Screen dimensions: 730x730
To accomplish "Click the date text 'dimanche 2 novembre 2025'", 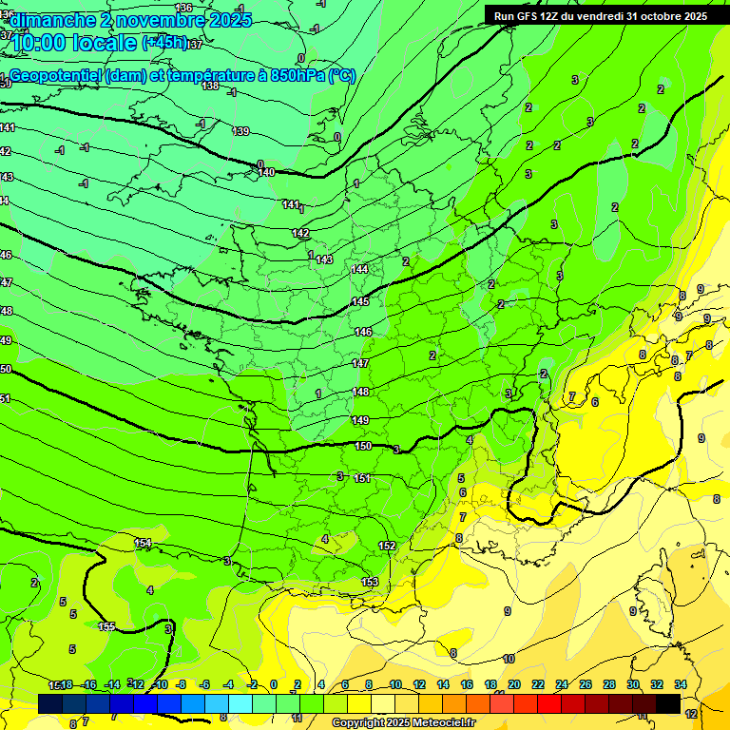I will coord(131,20).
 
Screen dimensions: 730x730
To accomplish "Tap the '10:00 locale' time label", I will coord(74,43).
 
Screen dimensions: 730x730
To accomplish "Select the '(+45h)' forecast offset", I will coord(164,43).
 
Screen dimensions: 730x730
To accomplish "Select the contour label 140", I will coord(266,172).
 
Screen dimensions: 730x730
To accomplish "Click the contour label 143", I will coord(324,259).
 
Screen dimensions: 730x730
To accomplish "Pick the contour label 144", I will coord(359,270).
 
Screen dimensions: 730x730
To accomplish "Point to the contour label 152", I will coord(387,546).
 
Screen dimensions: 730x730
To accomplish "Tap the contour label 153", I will coord(370,582).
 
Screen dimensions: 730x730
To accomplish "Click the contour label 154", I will coord(143,543).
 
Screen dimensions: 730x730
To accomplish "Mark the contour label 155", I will coord(107,626).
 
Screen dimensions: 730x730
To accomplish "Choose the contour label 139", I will coord(241,131).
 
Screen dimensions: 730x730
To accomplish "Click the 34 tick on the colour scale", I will coord(681,685).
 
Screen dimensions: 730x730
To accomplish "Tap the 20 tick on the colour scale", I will coord(514,685).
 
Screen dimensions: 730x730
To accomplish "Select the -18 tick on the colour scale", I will coord(66,685).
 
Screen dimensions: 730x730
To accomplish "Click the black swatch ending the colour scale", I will coord(667,703).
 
